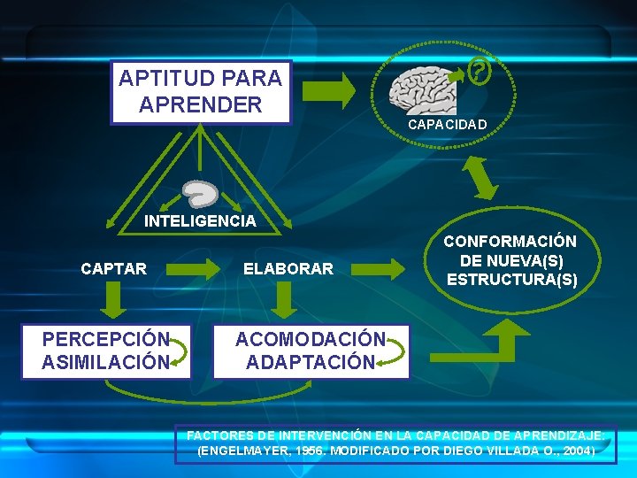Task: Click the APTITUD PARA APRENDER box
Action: click(200, 91)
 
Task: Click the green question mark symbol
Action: click(479, 71)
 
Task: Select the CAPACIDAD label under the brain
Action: click(447, 125)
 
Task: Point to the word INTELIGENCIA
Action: click(200, 221)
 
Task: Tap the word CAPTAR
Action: click(114, 268)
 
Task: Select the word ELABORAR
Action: click(288, 268)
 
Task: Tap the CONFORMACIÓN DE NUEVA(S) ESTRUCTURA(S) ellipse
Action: click(511, 261)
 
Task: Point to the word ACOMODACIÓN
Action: click(310, 340)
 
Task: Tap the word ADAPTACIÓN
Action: click(310, 363)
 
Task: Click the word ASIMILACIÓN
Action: click(104, 362)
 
